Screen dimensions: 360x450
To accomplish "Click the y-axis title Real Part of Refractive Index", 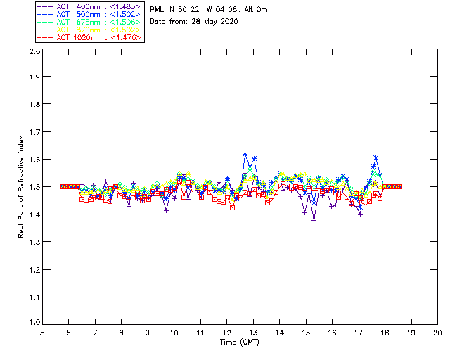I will (22, 187).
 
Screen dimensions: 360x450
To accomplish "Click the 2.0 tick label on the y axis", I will (34, 52).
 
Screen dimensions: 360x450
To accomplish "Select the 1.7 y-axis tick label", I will (34, 132).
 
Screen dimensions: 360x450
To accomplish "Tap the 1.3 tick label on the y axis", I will (34, 242).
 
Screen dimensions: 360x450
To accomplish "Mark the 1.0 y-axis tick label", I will (34, 323).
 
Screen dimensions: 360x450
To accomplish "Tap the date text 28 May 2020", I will (214, 21).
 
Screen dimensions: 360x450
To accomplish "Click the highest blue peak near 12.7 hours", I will (245, 154).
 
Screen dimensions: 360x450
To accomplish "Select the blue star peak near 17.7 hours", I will (376, 158).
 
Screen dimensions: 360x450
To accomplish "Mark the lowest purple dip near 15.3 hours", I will (314, 220).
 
